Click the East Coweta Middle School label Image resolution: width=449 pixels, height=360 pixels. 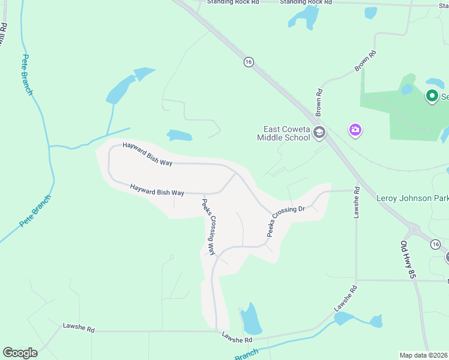(x=286, y=133)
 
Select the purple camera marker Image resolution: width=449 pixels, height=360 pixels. (x=355, y=130)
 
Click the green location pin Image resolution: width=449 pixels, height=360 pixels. (x=431, y=95)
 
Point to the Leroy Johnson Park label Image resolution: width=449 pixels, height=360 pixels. (x=412, y=198)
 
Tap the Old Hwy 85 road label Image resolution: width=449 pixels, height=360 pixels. (x=408, y=259)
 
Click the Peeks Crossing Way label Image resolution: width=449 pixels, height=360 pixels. (x=208, y=226)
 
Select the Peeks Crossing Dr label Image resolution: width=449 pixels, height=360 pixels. (x=286, y=221)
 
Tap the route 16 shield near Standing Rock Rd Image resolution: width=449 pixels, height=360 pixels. (x=249, y=62)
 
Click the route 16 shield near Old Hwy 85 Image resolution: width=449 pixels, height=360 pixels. (x=436, y=244)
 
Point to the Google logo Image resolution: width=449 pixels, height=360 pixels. (x=20, y=353)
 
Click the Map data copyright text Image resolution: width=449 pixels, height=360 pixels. (x=424, y=355)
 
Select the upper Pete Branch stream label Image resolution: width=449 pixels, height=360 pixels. (x=26, y=74)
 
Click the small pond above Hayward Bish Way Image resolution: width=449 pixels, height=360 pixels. (x=179, y=136)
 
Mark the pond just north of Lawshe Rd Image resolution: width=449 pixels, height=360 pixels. (x=250, y=320)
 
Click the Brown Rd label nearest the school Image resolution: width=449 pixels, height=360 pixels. (x=319, y=101)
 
